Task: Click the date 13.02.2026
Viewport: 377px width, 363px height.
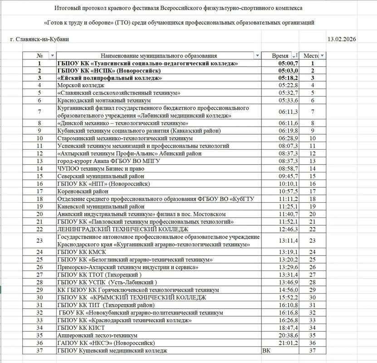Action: point(341,39)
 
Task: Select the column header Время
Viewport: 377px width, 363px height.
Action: point(280,55)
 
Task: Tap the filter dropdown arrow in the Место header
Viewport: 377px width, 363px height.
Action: point(322,55)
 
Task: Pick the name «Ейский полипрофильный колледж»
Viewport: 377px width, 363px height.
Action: point(110,78)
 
